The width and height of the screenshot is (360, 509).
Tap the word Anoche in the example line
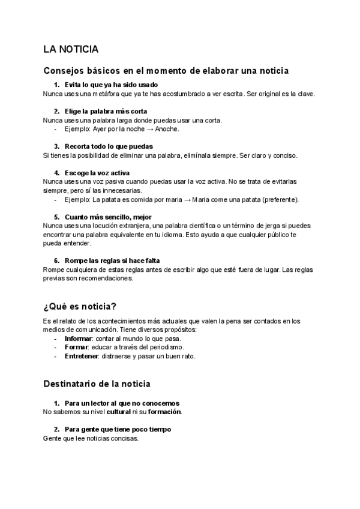coord(167,128)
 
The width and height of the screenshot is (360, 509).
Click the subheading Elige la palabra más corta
coord(106,111)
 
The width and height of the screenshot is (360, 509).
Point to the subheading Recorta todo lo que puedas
coord(109,146)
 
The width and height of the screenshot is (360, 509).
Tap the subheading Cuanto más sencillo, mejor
coord(108,217)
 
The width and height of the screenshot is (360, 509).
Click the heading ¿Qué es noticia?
coord(80,307)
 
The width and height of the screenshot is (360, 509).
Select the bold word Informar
coord(79,339)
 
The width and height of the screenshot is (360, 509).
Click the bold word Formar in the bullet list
coord(77,348)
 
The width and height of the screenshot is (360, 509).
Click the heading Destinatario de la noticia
coord(97,383)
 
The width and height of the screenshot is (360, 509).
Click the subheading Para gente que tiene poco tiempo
coord(118,429)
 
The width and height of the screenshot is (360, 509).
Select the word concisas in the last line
coord(123,438)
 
